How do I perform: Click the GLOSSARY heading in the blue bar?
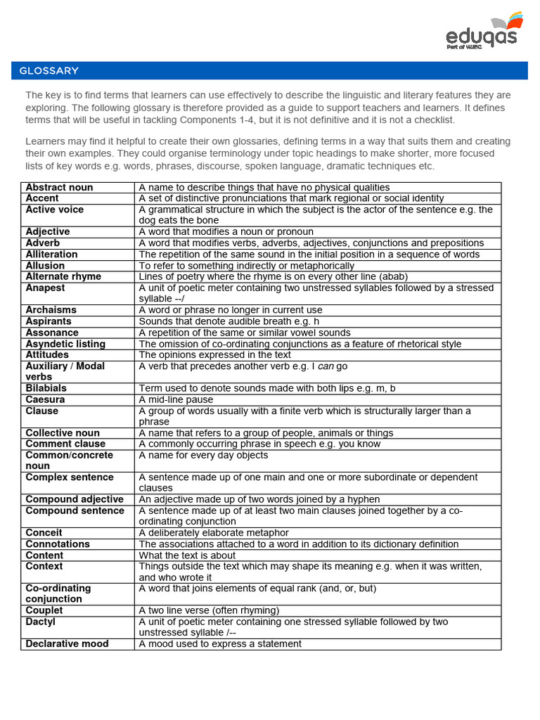point(49,71)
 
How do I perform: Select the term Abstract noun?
point(59,188)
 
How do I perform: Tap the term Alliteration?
point(51,255)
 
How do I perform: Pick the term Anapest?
point(45,288)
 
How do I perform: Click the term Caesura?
point(45,399)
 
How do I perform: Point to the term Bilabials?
point(46,388)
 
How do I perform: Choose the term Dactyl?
point(40,622)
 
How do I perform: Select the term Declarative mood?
point(67,644)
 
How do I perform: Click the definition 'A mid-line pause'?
point(176,399)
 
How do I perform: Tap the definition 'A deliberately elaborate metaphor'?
point(214,533)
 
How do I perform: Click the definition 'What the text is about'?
point(187,555)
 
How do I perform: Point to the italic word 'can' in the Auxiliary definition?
point(327,366)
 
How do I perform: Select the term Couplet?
point(44,610)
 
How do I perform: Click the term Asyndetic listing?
point(65,344)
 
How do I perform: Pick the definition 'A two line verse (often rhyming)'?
point(209,610)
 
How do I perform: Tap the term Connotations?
point(58,544)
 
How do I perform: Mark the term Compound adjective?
point(75,499)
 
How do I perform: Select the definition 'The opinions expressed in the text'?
point(214,355)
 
